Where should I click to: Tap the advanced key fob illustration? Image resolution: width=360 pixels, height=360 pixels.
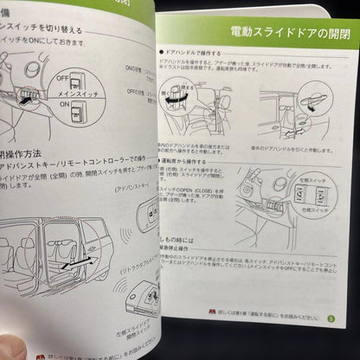click(146, 207)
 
